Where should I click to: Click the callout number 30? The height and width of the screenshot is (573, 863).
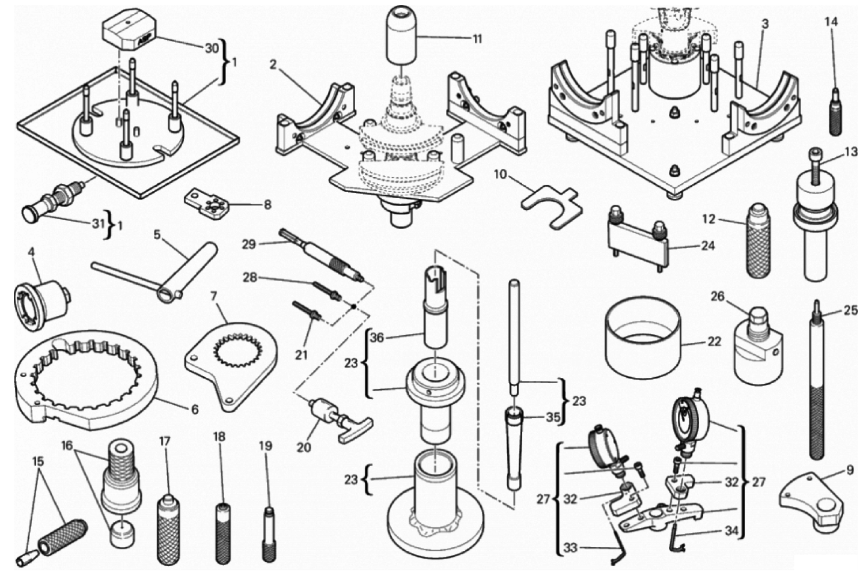(x=212, y=49)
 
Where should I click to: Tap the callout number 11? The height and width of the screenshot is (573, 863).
(x=477, y=39)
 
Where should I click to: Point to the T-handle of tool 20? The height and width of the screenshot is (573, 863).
(x=356, y=430)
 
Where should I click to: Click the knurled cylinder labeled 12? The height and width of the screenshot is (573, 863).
(x=758, y=241)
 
